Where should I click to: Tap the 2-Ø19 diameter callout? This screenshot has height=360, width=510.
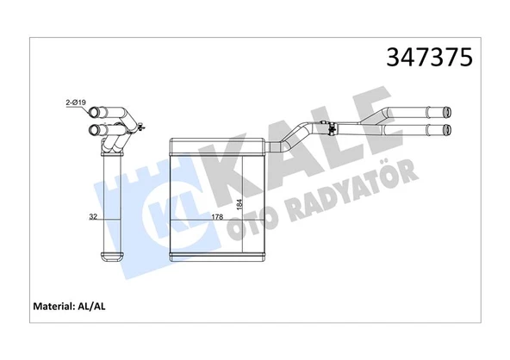pyautogui.click(x=76, y=103)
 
